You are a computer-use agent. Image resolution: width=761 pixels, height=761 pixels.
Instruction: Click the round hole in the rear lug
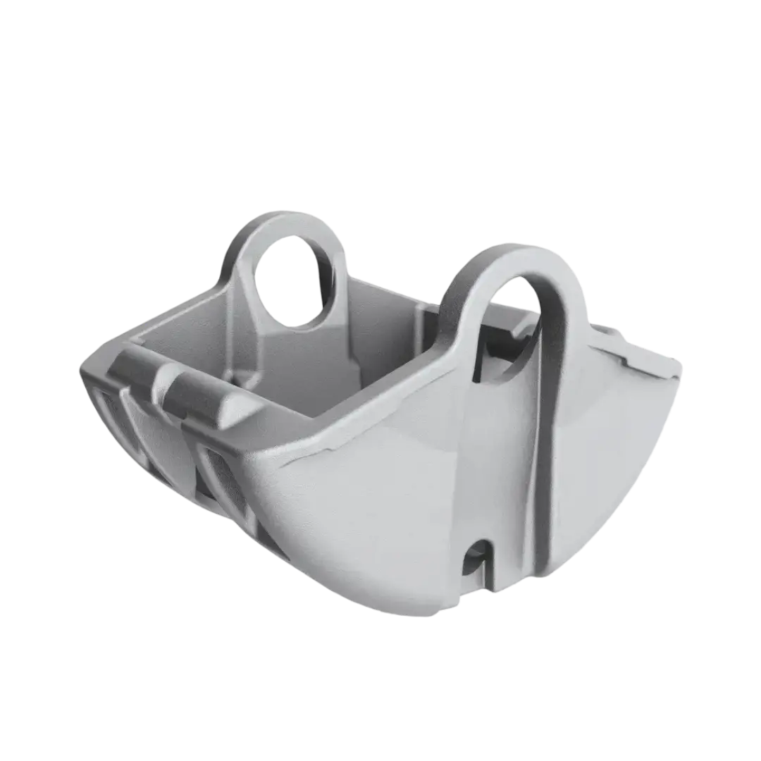point(295,282)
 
